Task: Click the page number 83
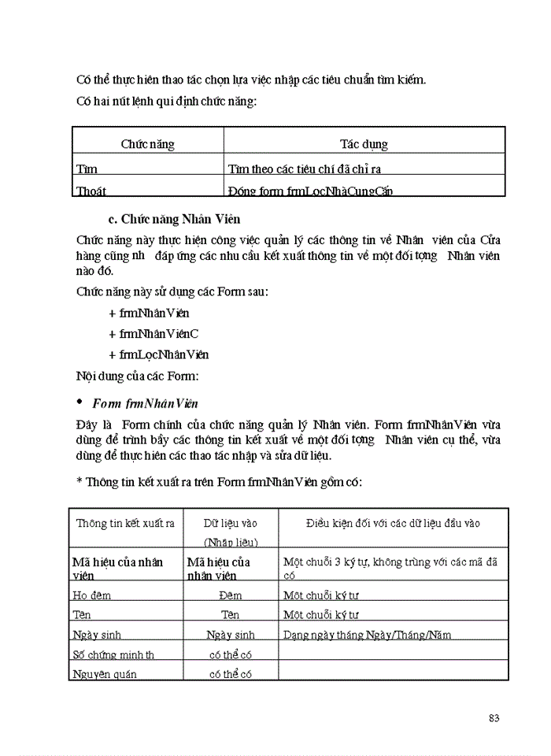(x=494, y=717)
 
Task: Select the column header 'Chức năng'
(x=147, y=144)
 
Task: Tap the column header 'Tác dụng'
(x=363, y=144)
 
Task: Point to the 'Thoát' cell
(x=91, y=191)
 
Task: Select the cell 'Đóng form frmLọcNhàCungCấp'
(x=310, y=191)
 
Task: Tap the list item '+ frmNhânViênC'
(x=153, y=334)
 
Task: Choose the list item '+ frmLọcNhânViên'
(x=158, y=354)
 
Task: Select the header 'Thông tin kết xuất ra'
(x=125, y=523)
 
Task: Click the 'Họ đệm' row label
(x=91, y=595)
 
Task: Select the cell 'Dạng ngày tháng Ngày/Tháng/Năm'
(x=367, y=635)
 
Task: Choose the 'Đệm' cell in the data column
(x=230, y=595)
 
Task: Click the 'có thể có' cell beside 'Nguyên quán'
(x=230, y=674)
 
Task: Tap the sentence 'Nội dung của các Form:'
(x=130, y=375)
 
